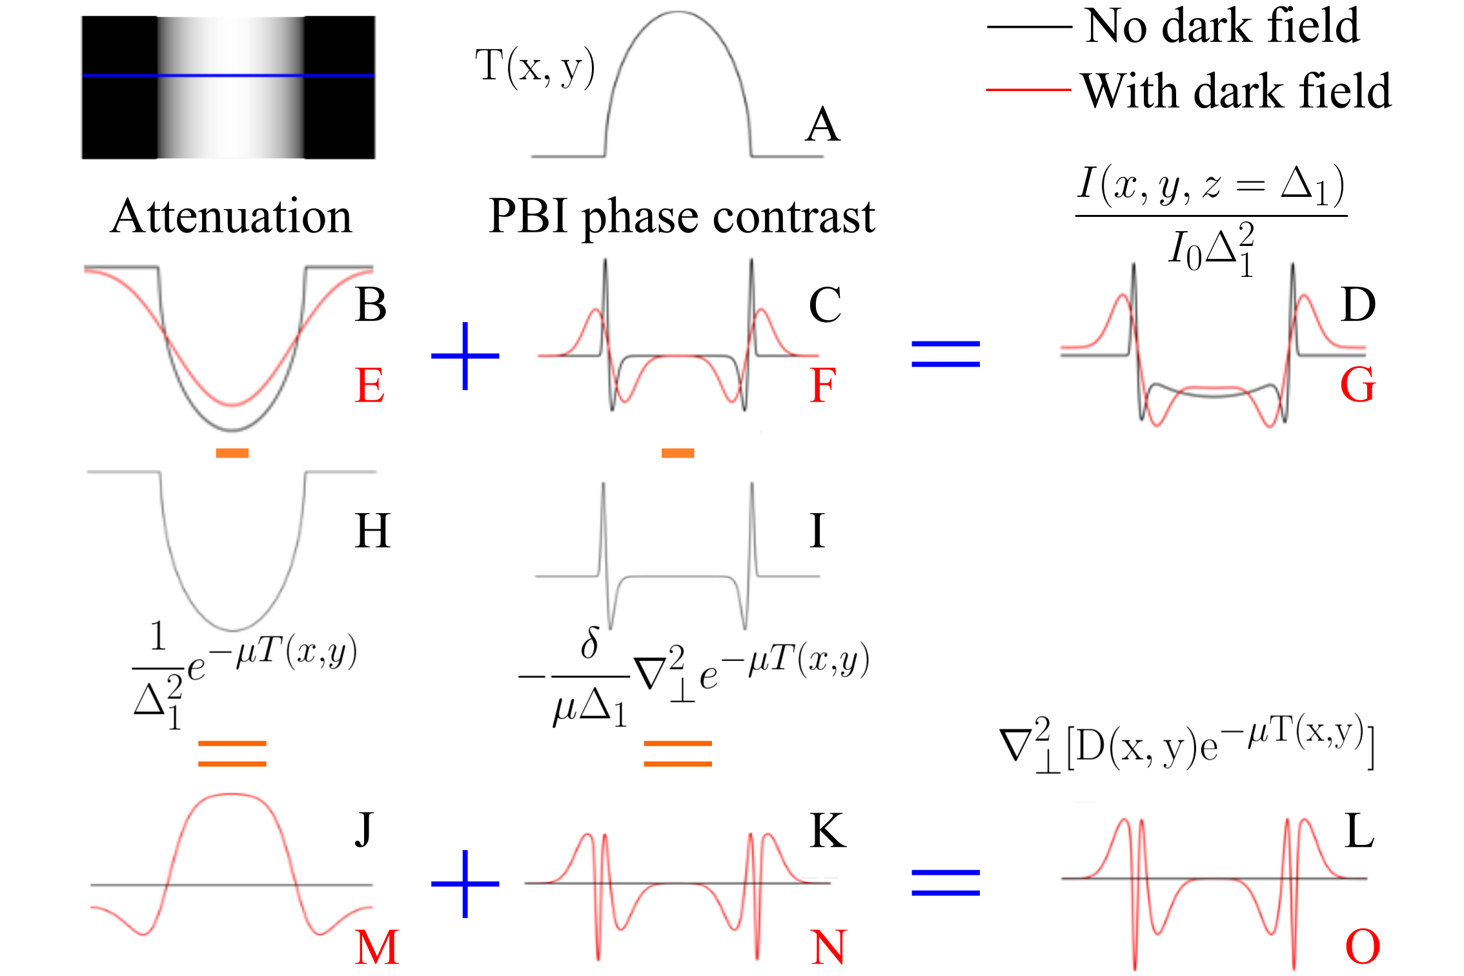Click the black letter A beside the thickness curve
click(823, 125)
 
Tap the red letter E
click(370, 385)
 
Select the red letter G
click(1357, 385)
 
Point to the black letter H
click(372, 531)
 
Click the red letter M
click(377, 948)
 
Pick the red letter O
click(1362, 948)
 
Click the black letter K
click(828, 831)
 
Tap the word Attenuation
click(231, 216)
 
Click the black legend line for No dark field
click(1029, 27)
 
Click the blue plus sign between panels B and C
click(465, 356)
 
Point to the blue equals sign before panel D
click(945, 354)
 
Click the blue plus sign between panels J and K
click(465, 884)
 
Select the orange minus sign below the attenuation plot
click(232, 453)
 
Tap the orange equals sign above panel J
click(232, 753)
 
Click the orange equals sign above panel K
click(678, 753)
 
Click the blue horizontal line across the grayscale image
click(229, 76)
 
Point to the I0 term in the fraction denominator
click(1185, 250)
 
